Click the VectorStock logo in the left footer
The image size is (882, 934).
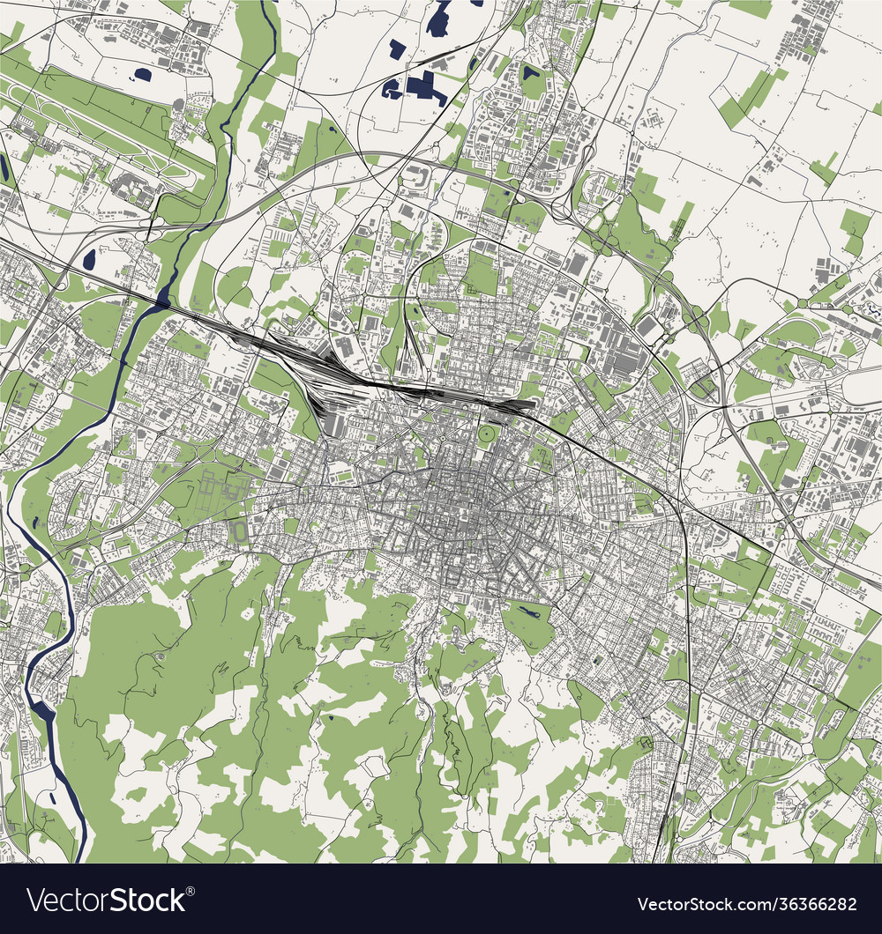106,900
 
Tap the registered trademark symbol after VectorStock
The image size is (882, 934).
190,889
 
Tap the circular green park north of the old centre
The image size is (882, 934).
487,434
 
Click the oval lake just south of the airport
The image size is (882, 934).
89,259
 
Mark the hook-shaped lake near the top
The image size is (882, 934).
439,19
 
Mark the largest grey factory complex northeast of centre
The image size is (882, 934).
622,352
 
